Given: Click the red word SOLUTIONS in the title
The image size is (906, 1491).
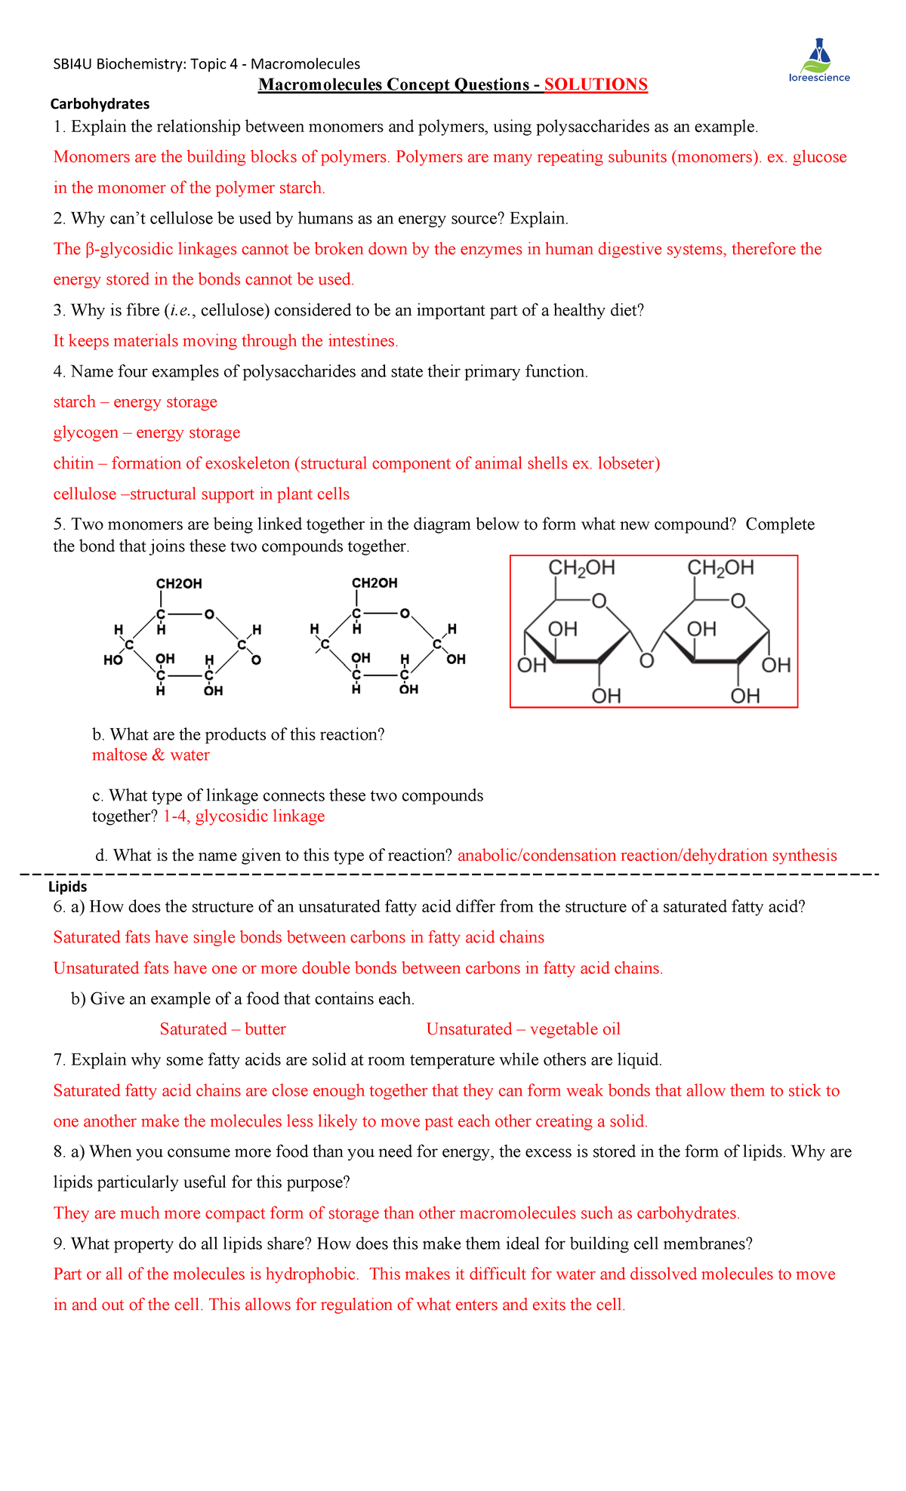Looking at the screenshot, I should coord(596,85).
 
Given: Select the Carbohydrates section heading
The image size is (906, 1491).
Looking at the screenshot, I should coord(100,104).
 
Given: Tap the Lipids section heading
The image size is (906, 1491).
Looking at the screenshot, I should coord(67,887).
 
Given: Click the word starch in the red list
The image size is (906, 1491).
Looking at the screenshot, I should coord(74,402).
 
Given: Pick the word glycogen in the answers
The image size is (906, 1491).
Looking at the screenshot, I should coord(85,433).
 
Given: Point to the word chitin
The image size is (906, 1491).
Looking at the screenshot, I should coord(73,463).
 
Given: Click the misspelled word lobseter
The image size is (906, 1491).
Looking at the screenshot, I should coord(626,463).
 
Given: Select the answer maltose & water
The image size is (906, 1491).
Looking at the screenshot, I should coord(150,755).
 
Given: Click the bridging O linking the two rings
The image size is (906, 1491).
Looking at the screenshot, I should coord(646,662).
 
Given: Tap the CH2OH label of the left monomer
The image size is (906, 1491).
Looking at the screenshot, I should coord(179,583).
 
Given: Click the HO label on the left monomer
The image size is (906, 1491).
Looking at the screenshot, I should coord(113,660).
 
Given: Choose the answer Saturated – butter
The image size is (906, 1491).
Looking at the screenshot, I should coord(223,1029).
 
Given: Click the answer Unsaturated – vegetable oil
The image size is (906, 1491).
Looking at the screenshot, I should coord(523,1029).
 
